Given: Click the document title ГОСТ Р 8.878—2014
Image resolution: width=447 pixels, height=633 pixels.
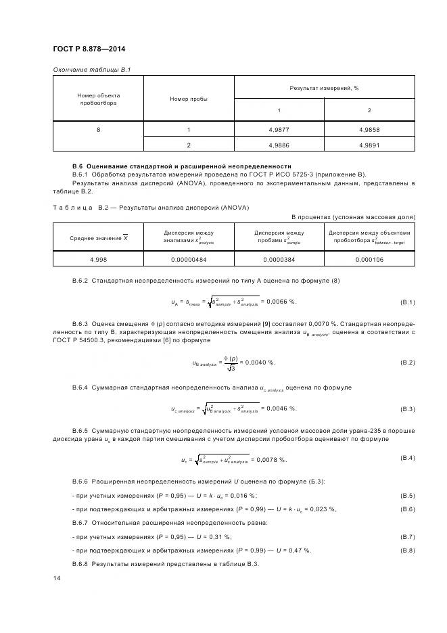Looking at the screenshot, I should pos(89,49).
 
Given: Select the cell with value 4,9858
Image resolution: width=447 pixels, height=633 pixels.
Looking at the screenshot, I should pos(369,129).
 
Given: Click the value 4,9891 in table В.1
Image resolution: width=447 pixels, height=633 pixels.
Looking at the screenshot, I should pos(369,145).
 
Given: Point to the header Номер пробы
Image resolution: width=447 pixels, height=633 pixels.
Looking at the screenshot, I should pos(189,99).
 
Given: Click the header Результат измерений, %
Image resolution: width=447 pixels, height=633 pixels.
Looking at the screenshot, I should pos(324,88).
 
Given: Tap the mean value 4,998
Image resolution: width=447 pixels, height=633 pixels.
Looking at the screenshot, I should pos(98,259).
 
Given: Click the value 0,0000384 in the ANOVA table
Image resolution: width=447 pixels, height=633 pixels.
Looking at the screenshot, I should pos(279,259).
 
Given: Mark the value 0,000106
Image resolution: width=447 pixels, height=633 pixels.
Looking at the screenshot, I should pos(369,259).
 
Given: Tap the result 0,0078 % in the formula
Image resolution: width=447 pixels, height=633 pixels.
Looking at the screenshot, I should pos(270,460).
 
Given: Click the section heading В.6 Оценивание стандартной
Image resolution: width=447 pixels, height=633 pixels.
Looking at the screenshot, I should pos(182,166).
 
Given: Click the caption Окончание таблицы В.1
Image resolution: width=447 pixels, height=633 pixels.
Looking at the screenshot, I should pos(91,70).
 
